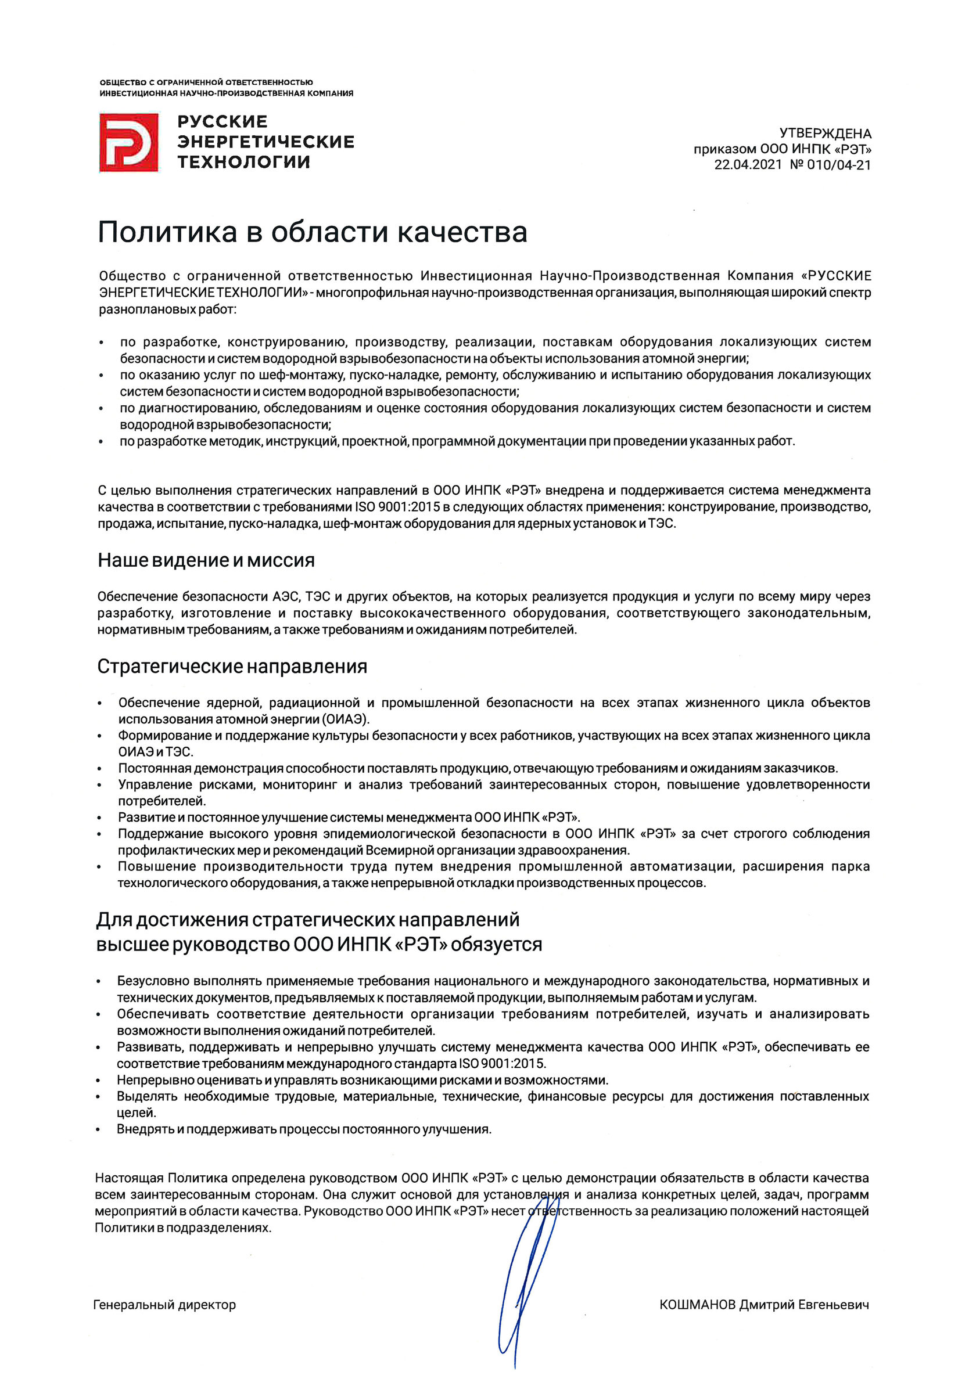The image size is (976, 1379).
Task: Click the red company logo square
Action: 128,142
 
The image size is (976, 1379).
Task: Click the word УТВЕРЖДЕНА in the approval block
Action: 825,134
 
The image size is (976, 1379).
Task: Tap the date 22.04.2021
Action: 748,165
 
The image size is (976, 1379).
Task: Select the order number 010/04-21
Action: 839,165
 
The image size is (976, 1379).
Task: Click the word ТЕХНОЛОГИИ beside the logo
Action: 243,162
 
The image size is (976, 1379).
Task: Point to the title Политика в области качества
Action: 312,232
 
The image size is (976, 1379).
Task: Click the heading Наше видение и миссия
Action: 206,560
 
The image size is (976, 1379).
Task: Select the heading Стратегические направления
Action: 232,667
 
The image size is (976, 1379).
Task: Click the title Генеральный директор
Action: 164,1305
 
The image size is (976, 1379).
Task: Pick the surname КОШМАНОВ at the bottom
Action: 697,1305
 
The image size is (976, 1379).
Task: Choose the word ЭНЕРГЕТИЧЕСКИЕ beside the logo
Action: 265,142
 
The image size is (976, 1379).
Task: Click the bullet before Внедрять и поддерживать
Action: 99,1130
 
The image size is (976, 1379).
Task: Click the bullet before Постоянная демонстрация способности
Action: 100,769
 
